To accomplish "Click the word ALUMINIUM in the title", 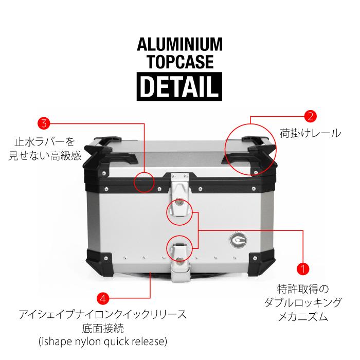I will coord(179,45).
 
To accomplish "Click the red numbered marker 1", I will coord(303,268).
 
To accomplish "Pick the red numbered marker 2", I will coord(310,116).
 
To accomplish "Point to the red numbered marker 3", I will coord(44,123).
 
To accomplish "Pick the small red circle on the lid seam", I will coord(145,182).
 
